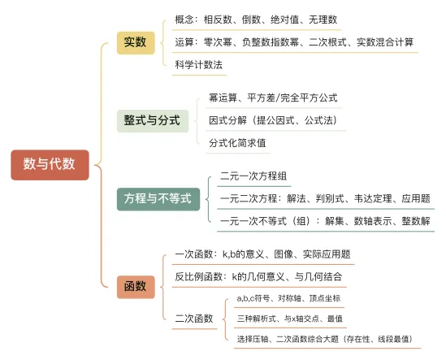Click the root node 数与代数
[x=50, y=165]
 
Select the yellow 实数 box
[x=136, y=43]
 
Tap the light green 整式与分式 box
[x=153, y=120]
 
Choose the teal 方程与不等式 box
[x=158, y=199]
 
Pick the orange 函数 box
[x=136, y=287]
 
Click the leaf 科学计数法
[x=198, y=65]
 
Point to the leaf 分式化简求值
[x=237, y=143]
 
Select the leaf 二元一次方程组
[x=253, y=176]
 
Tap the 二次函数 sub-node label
[x=194, y=319]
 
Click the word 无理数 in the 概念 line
[x=323, y=20]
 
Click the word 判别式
[x=330, y=198]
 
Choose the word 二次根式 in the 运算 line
[x=327, y=42]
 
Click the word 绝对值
[x=284, y=20]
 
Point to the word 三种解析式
[x=257, y=319]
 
